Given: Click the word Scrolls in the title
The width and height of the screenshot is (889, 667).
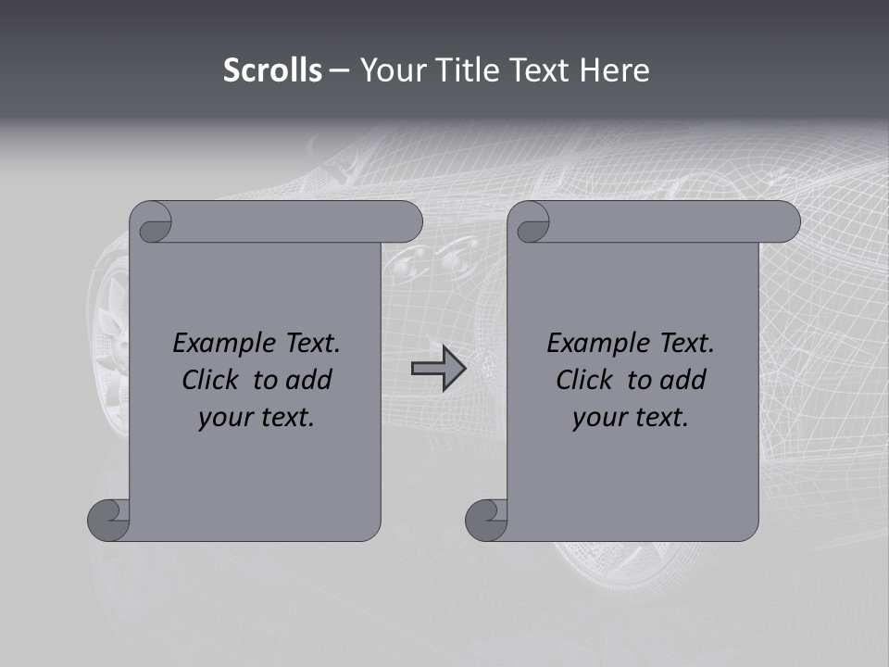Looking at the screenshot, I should click(x=272, y=70).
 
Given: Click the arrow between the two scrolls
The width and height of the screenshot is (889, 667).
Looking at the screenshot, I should click(x=438, y=369).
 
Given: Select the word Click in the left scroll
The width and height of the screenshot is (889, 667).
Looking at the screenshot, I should click(x=215, y=380).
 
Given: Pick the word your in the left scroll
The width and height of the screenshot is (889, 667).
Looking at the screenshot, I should click(x=225, y=418).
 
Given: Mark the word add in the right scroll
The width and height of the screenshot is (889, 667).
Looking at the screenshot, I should click(x=682, y=380).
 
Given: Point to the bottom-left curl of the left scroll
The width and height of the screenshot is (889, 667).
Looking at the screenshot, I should click(x=109, y=519).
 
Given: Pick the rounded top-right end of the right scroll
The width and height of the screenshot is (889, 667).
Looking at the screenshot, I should click(x=783, y=221).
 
